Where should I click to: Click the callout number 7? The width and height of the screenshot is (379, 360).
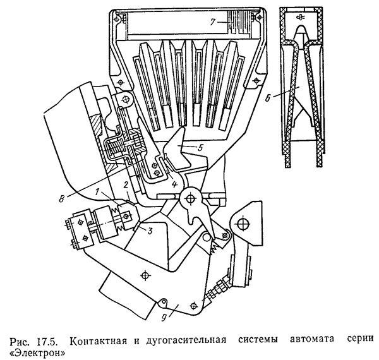pyautogui.click(x=212, y=22)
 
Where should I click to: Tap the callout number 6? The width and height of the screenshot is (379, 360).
pyautogui.click(x=268, y=98)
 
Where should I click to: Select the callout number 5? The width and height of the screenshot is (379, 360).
pyautogui.click(x=200, y=148)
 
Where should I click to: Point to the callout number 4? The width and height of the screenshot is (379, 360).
pyautogui.click(x=174, y=184)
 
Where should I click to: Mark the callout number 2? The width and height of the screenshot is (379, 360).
pyautogui.click(x=126, y=186)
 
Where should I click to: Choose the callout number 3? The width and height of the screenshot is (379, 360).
pyautogui.click(x=150, y=231)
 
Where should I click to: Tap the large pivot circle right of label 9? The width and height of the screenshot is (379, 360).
pyautogui.click(x=242, y=225)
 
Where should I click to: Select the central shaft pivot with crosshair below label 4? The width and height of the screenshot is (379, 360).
pyautogui.click(x=191, y=198)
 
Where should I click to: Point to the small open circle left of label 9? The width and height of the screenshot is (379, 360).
pyautogui.click(x=164, y=301)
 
